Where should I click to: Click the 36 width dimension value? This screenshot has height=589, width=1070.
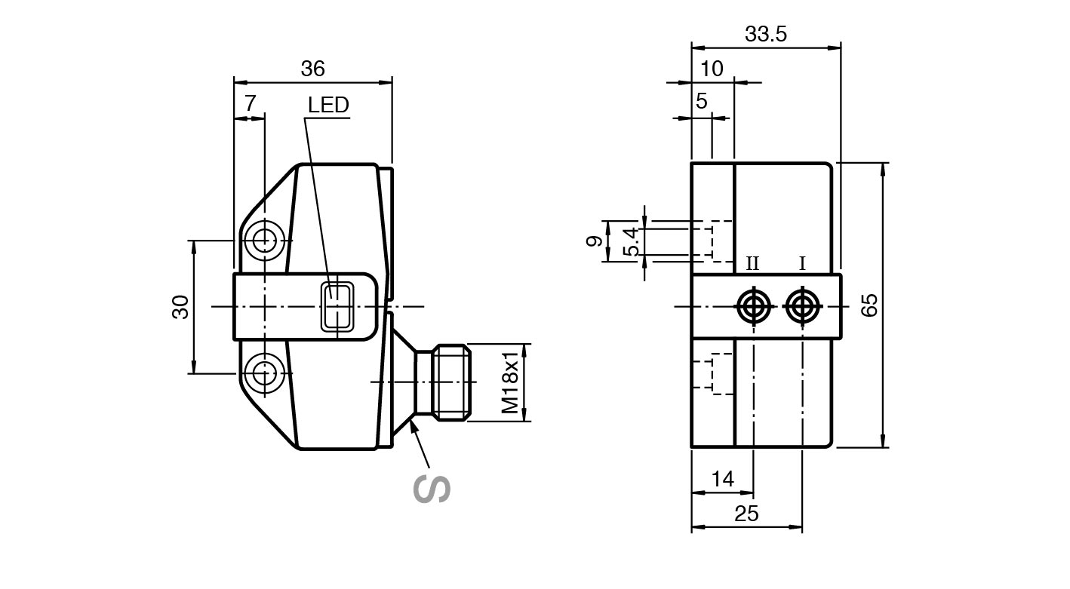click(312, 69)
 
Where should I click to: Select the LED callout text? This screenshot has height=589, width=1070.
click(328, 105)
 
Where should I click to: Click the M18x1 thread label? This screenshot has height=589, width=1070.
click(512, 382)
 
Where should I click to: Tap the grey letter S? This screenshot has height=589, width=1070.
click(432, 489)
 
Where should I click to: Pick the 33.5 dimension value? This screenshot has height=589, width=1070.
click(766, 34)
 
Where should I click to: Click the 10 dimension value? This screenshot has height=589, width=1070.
click(712, 69)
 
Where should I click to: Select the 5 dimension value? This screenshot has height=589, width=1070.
click(702, 101)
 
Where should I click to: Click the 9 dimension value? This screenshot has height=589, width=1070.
click(595, 241)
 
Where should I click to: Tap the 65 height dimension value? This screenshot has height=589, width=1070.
click(869, 305)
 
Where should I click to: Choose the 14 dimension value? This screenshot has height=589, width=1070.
click(722, 479)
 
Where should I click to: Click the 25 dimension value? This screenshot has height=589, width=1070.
click(746, 514)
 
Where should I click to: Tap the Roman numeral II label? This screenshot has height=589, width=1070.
click(752, 264)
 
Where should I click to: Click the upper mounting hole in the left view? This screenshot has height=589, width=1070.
click(265, 241)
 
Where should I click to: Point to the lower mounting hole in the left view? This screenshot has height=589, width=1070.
click(265, 373)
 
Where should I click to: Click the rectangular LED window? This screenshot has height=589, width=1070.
click(337, 306)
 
